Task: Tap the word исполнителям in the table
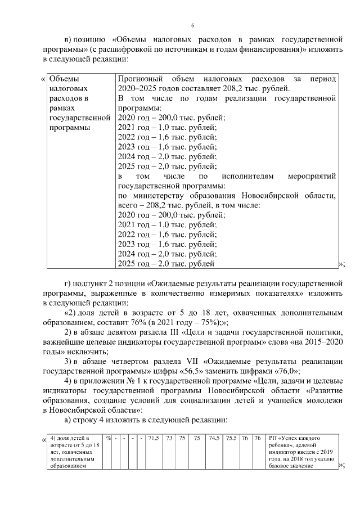[242, 176]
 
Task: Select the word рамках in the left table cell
[61, 108]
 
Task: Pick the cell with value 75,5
[231, 438]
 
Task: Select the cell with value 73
[169, 438]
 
